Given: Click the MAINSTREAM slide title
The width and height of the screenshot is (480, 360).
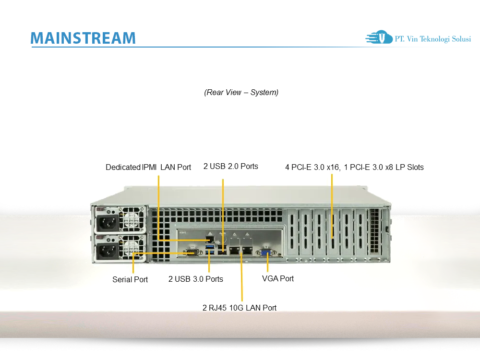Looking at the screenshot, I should click(83, 38).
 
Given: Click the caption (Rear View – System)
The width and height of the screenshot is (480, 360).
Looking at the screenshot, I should click(241, 92).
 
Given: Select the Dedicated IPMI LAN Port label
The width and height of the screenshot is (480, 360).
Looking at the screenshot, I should click(148, 168).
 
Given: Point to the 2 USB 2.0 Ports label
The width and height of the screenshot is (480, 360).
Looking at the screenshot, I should click(231, 167).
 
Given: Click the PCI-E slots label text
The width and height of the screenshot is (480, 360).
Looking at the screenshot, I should click(354, 168).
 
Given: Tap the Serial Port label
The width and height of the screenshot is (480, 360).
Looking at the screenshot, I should click(130, 279).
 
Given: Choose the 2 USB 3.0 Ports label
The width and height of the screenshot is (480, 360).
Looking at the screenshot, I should click(196, 279).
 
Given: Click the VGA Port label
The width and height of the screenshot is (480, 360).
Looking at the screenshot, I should click(278, 278).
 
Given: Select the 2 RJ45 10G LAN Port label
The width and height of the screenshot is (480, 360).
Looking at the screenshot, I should click(240, 308).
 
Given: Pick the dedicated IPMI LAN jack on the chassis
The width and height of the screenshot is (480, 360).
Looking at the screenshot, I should click(210, 239).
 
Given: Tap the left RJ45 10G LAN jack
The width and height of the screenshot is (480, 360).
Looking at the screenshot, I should click(234, 250).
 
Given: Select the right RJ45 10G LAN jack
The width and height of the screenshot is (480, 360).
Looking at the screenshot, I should click(247, 250).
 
